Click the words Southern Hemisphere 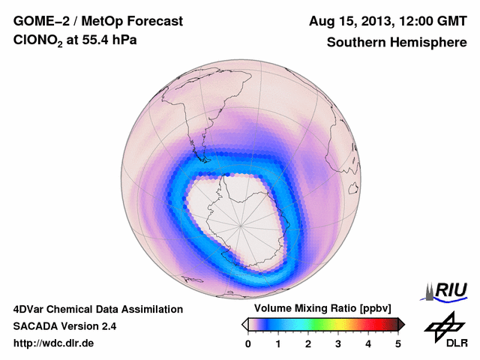click(396, 43)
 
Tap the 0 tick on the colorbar click(248, 343)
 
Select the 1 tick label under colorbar click(278, 343)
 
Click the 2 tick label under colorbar click(308, 343)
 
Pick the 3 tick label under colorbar click(338, 343)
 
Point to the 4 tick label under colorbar click(368, 343)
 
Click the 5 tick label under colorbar click(398, 343)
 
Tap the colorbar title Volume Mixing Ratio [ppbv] click(319, 309)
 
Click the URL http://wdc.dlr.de click(54, 343)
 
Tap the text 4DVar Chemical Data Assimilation click(97, 309)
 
